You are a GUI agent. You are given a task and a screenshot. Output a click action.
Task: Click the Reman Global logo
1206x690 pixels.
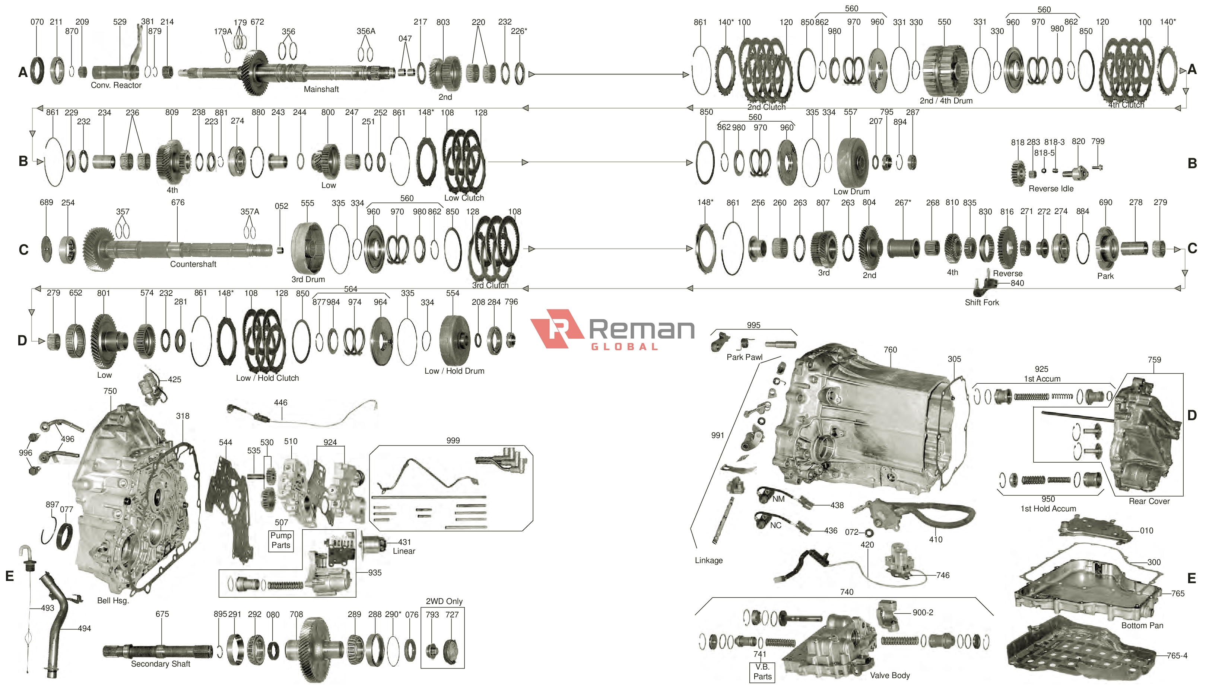pos(612,330)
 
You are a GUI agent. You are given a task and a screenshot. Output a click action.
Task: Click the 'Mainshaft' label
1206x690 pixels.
pos(321,89)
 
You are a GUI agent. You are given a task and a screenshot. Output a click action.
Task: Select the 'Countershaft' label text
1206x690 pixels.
pos(193,264)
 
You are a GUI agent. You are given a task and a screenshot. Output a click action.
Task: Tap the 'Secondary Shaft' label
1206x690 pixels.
pos(160,664)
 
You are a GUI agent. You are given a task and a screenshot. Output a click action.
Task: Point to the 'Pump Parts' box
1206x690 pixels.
pos(281,540)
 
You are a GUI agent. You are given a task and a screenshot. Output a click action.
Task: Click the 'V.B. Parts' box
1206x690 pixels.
pos(762,671)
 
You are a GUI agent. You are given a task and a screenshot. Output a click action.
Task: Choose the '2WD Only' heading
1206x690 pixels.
pos(444,601)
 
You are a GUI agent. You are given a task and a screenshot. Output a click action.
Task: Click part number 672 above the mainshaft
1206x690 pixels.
pos(257,22)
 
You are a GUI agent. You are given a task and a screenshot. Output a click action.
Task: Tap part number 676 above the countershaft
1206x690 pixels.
pos(178,202)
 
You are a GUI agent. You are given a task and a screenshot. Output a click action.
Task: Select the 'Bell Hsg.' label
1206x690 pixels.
pos(113,600)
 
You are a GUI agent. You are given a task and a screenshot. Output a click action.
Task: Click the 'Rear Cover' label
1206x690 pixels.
pos(1149,501)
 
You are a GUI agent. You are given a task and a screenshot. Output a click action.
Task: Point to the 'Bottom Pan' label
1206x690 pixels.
pos(1142,625)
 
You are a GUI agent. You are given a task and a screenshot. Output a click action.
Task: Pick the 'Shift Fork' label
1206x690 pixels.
pos(982,302)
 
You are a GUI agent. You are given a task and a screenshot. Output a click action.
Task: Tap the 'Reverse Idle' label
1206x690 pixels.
pos(1051,188)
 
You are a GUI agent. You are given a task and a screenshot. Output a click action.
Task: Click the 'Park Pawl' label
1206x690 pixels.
pos(745,357)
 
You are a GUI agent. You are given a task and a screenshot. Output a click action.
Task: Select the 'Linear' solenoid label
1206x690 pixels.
pos(404,551)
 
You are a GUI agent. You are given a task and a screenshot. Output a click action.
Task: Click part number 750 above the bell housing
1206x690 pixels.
pos(110,391)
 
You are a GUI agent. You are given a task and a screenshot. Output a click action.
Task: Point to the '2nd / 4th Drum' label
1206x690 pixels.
pos(946,100)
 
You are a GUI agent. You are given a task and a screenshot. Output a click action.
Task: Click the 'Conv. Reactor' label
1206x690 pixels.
pos(116,85)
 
